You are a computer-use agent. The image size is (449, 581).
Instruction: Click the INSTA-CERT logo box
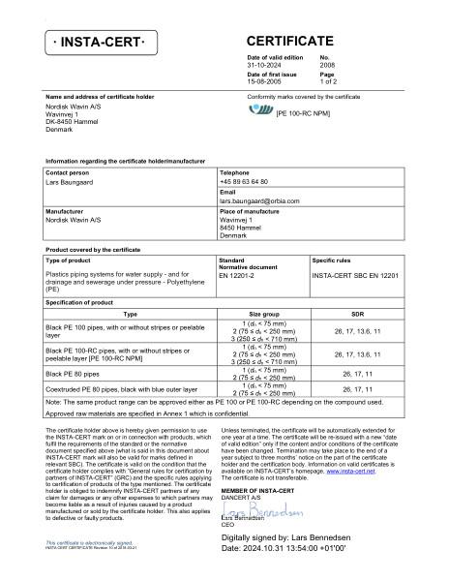click(x=101, y=45)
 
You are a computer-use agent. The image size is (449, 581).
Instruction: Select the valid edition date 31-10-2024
click(x=266, y=66)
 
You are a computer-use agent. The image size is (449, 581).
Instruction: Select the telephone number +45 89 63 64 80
click(x=244, y=181)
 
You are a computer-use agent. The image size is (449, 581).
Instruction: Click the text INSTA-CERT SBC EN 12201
click(x=354, y=276)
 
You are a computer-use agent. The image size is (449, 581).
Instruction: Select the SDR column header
click(x=357, y=315)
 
